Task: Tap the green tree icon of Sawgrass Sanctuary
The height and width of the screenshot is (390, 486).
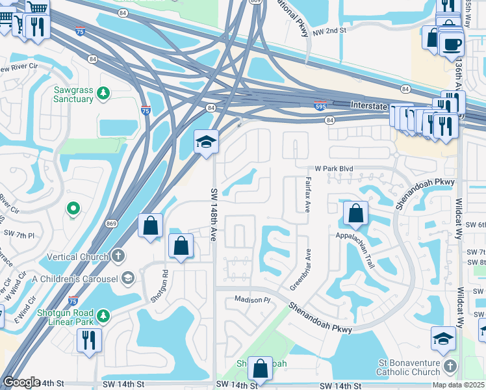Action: tap(103, 95)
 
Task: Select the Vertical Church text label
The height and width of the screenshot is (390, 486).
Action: tap(77, 257)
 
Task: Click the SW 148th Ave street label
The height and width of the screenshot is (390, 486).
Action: tap(214, 215)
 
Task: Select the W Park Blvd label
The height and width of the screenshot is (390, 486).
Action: tap(334, 168)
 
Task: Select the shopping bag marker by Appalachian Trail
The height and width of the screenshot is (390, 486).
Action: tap(356, 213)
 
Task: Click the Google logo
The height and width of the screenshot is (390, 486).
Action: tap(21, 382)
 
